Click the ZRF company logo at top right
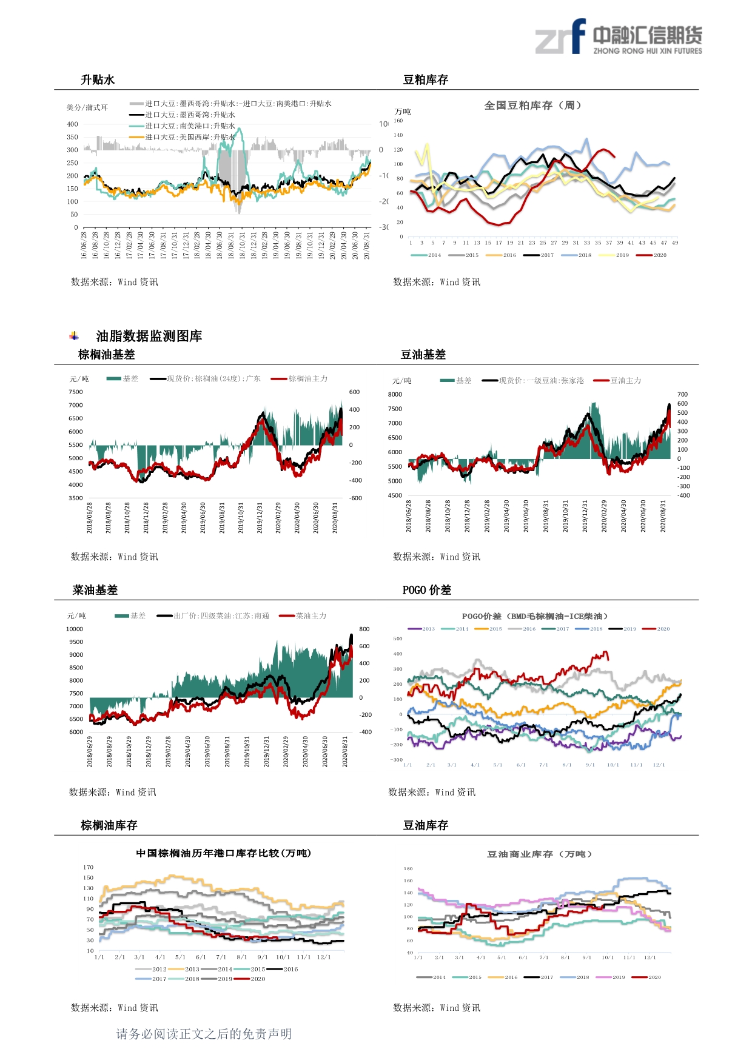point(618,38)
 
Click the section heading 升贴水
point(98,80)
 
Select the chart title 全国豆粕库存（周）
point(533,106)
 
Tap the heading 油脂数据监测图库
point(149,336)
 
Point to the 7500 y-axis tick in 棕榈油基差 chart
point(76,392)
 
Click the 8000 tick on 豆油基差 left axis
point(395,394)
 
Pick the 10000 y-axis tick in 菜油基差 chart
point(75,629)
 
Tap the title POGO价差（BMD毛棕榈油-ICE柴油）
point(534,616)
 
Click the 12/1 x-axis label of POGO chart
point(659,765)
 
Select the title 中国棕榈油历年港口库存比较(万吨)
point(224,853)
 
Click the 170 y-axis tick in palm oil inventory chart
point(89,867)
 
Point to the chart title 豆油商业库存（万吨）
point(539,854)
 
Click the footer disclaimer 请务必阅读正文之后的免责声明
point(204,1034)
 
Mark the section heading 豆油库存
point(426,825)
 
